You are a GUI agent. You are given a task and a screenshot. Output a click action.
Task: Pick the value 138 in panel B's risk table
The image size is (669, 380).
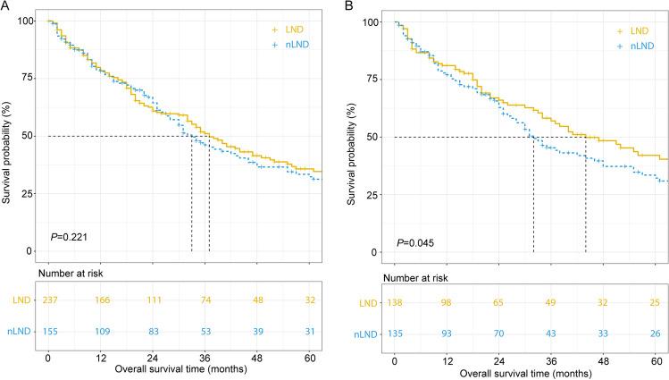click(395, 304)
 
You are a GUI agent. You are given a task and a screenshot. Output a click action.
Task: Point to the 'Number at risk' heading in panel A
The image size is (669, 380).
click(71, 272)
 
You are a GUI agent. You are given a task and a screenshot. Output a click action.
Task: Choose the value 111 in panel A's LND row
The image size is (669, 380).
click(153, 302)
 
